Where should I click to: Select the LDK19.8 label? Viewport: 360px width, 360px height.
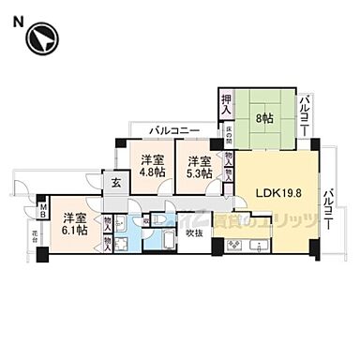[x=277, y=194]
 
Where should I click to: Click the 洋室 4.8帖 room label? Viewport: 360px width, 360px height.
[x=152, y=165]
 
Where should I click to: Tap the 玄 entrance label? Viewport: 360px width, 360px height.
[x=115, y=183]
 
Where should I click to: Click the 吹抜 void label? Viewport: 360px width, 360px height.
[x=194, y=233]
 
